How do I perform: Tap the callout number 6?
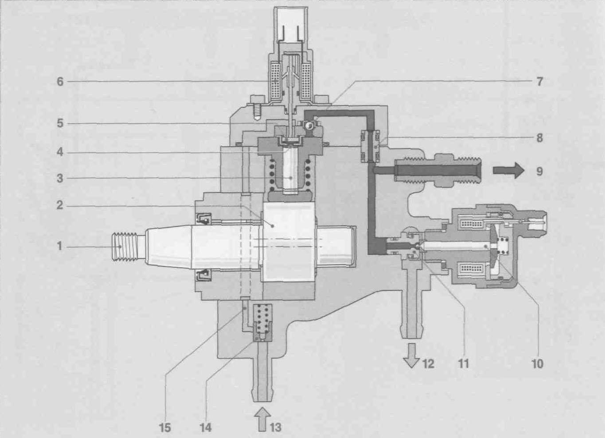tap(60, 81)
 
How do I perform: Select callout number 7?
tap(539, 82)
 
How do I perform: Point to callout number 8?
tap(539, 138)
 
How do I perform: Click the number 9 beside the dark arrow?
tap(539, 171)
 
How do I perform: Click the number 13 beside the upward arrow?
tap(275, 427)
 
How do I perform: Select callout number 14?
tap(205, 427)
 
